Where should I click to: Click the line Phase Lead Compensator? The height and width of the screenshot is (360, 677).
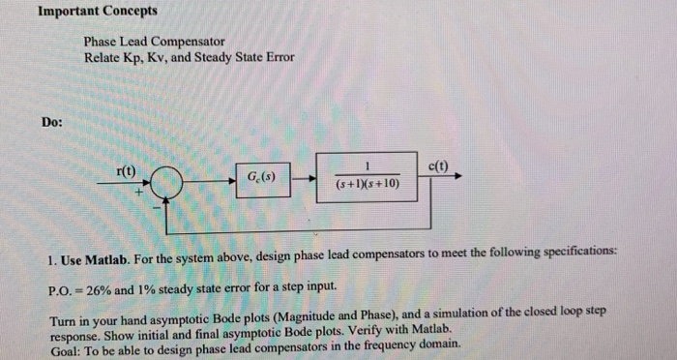click(154, 43)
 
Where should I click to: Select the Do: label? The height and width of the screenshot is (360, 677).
click(54, 122)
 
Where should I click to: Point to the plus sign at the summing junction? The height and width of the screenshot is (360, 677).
click(139, 194)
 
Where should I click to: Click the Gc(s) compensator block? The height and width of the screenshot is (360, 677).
click(262, 178)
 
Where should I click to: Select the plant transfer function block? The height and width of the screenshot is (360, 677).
click(368, 175)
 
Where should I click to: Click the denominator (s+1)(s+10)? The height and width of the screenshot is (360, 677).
click(368, 183)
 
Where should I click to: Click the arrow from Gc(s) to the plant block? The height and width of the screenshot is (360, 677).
click(303, 178)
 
